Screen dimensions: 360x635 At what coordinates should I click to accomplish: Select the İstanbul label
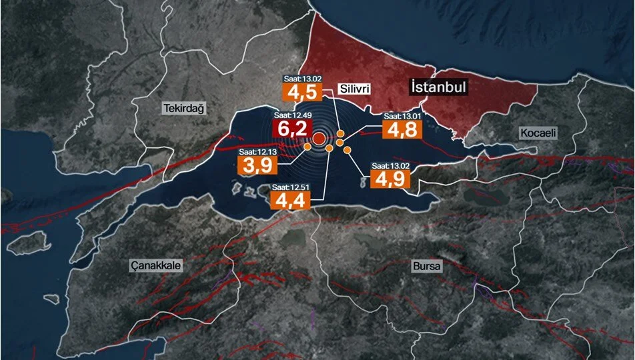[x=438, y=87]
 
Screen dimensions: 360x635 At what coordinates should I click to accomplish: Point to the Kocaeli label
[x=538, y=133]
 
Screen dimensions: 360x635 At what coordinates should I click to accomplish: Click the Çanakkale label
[x=155, y=265]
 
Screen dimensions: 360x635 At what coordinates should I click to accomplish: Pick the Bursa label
[x=427, y=266]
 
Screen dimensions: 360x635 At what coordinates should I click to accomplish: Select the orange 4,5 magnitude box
[x=303, y=92]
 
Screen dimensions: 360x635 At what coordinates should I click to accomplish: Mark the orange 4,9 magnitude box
[x=390, y=178]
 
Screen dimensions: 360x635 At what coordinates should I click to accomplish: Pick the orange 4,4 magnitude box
[x=289, y=200]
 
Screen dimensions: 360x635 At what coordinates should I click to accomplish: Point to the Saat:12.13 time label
[x=257, y=151]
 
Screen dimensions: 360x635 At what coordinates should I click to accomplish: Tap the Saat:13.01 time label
[x=402, y=117]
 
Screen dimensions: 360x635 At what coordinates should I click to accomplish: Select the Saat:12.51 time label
[x=290, y=187]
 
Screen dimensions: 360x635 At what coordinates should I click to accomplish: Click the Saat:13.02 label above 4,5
[x=303, y=79]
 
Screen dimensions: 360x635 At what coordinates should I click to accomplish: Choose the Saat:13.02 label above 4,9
[x=390, y=166]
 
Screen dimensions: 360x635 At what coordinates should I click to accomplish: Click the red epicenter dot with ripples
[x=319, y=139]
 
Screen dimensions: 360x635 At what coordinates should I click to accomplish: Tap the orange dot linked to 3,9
[x=307, y=147]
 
